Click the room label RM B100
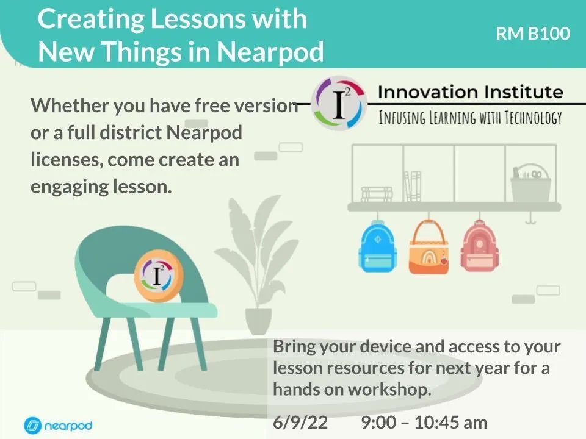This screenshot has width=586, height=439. pos(533,34)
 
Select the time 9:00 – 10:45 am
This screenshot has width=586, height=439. pos(424,423)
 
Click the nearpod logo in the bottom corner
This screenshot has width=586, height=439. pos(58,424)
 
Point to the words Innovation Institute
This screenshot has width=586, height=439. pos(470,93)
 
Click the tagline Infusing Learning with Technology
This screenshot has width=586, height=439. pos(470,118)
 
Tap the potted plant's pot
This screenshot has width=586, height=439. pos(258,321)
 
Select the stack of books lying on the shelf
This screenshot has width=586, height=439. pos(377,194)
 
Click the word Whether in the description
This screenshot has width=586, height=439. pos(68,105)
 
